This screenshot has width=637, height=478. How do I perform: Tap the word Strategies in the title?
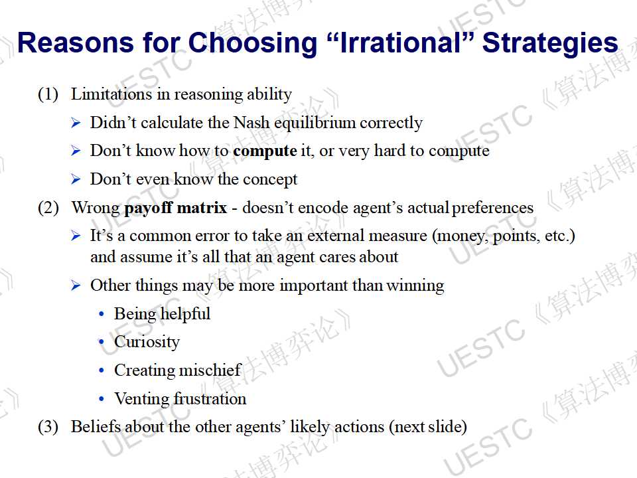click(550, 43)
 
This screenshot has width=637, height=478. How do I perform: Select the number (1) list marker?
click(48, 94)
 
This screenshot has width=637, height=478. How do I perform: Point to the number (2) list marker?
click(48, 208)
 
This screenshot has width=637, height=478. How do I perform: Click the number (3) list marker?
click(48, 427)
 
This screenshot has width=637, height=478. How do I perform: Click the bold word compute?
click(265, 151)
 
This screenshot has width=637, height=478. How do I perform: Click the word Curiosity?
click(147, 343)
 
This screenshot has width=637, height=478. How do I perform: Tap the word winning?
click(415, 285)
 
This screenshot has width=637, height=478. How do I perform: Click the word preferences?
click(492, 208)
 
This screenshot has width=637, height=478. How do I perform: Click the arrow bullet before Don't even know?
click(76, 179)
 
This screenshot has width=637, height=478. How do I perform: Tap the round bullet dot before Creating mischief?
click(102, 370)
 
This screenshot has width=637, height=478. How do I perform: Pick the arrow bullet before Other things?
click(76, 285)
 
